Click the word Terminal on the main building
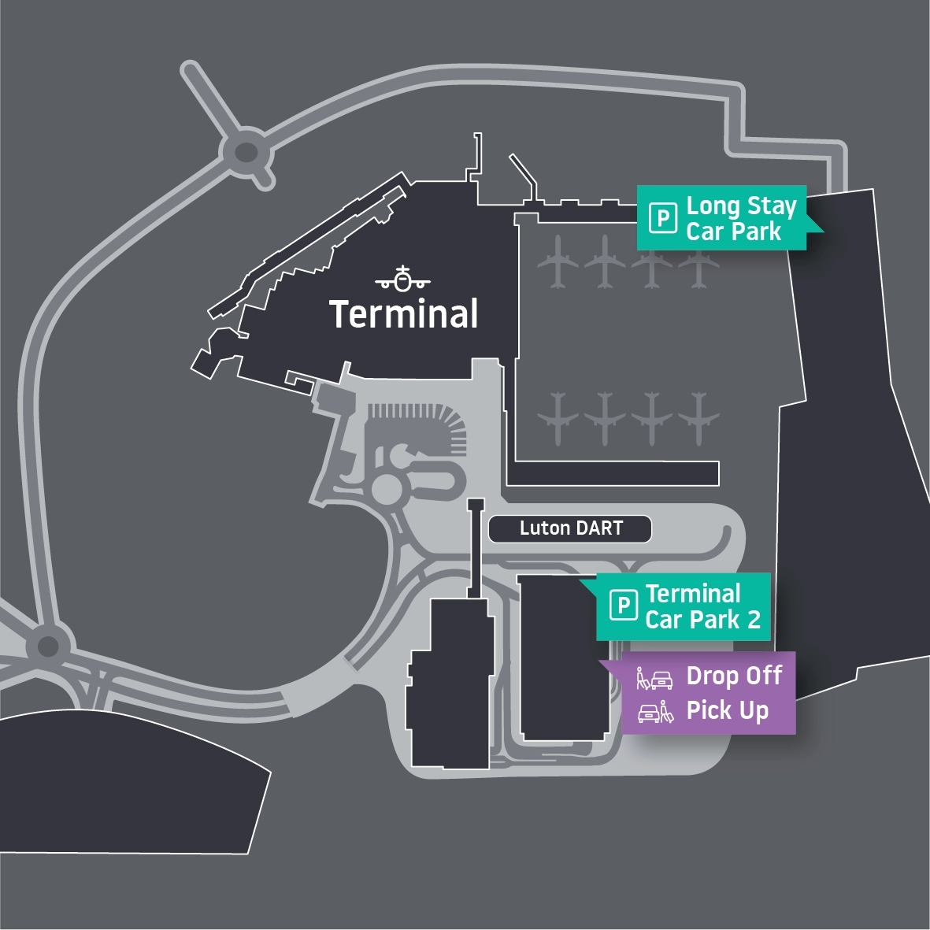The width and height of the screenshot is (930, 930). coord(403,313)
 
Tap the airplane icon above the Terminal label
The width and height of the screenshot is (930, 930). coord(402,279)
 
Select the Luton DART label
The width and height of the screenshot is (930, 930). coord(570,528)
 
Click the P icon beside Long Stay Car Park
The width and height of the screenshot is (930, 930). coord(662,218)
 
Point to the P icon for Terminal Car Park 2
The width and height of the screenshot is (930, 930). coord(623,606)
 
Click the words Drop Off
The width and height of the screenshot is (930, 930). coord(734,676)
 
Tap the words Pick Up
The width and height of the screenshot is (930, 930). coord(727,710)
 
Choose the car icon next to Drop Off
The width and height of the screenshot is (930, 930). coord(661,677)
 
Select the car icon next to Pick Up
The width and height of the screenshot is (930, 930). coord(650,712)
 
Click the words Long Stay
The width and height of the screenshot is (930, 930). coord(741,206)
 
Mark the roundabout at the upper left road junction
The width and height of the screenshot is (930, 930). coord(244,151)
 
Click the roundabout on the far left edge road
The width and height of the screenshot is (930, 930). coord(48,647)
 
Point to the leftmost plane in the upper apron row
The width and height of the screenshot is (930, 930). coord(558,261)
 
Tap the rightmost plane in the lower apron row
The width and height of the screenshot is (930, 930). coord(698,418)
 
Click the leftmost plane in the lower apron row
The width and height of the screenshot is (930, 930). coord(558,418)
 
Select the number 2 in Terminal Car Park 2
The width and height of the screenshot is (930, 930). coord(754,620)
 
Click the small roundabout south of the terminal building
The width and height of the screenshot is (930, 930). coord(388,488)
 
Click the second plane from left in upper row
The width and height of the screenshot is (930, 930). coord(605,261)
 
